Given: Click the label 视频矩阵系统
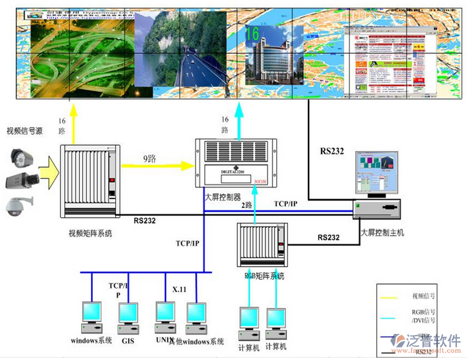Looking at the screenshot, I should tap(90, 233).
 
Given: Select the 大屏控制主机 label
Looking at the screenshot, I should tap(382, 232).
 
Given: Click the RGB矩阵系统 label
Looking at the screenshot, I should tap(264, 275).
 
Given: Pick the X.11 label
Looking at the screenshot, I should tap(179, 290).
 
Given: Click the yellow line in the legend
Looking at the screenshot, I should tap(395, 295).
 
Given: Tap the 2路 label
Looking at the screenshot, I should tap(247, 205).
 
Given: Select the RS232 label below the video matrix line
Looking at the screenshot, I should tap(144, 220).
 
